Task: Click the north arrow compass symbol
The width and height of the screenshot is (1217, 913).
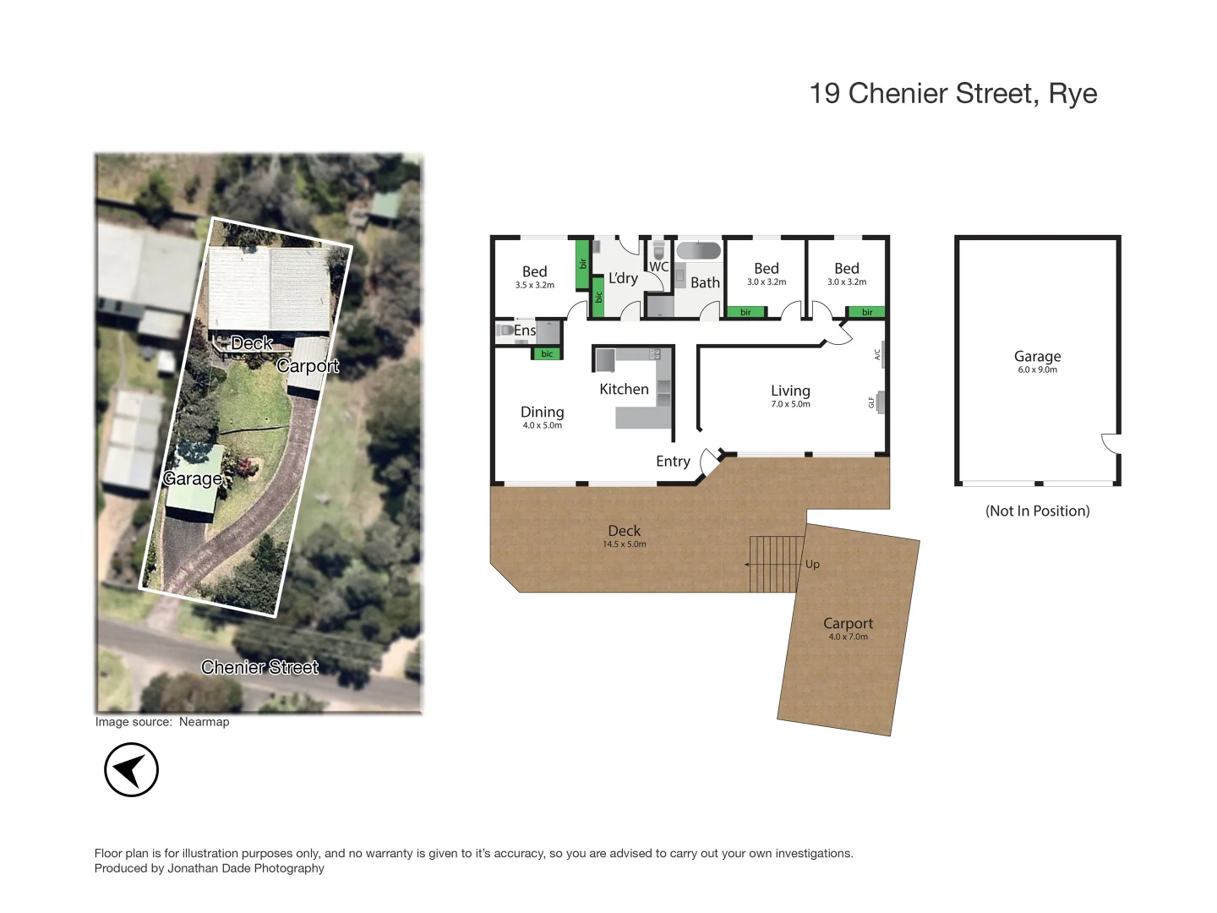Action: pyautogui.click(x=131, y=770)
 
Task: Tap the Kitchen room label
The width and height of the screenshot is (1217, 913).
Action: pyautogui.click(x=624, y=389)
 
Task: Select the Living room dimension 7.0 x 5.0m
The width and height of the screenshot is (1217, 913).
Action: pyautogui.click(x=790, y=404)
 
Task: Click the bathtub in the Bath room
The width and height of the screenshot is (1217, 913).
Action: pyautogui.click(x=699, y=251)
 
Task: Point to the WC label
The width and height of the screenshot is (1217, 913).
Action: pyautogui.click(x=658, y=266)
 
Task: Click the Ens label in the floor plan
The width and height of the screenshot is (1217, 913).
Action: pyautogui.click(x=524, y=331)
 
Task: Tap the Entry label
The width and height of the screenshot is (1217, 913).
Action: pyautogui.click(x=673, y=461)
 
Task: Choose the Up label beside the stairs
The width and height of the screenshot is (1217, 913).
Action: pyautogui.click(x=812, y=564)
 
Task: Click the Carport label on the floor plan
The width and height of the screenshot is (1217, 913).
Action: pyautogui.click(x=848, y=623)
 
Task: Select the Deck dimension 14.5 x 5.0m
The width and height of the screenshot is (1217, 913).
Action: pyautogui.click(x=624, y=544)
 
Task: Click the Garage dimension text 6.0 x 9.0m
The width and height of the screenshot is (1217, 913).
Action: pyautogui.click(x=1037, y=369)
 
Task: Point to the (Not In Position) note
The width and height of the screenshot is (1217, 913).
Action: pyautogui.click(x=1037, y=511)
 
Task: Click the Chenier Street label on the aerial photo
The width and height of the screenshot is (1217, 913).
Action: pyautogui.click(x=259, y=667)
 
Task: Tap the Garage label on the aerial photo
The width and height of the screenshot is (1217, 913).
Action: pyautogui.click(x=193, y=478)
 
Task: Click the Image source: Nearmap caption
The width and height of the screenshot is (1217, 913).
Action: pyautogui.click(x=162, y=722)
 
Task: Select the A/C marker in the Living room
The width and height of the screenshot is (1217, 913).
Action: pyautogui.click(x=877, y=354)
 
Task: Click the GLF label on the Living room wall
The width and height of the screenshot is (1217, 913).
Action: pyautogui.click(x=871, y=402)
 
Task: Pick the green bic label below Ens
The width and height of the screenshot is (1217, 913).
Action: pyautogui.click(x=547, y=354)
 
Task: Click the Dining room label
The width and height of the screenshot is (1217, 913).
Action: pyautogui.click(x=542, y=412)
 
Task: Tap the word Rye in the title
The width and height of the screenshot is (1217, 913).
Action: pyautogui.click(x=1072, y=94)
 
